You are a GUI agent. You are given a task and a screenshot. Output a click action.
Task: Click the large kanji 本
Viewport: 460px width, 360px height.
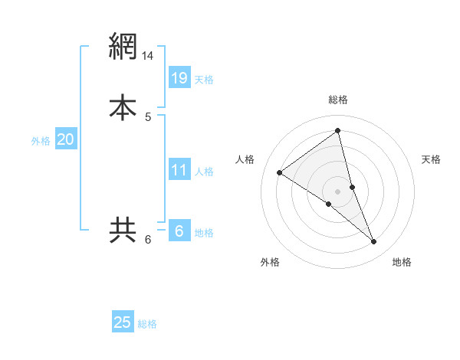pyautogui.click(x=123, y=106)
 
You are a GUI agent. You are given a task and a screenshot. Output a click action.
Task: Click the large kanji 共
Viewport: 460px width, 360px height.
pyautogui.click(x=123, y=230)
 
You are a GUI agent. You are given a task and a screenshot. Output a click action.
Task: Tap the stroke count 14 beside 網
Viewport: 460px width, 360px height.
pyautogui.click(x=148, y=56)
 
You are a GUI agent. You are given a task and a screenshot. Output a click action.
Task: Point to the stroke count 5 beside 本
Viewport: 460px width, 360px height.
pyautogui.click(x=148, y=116)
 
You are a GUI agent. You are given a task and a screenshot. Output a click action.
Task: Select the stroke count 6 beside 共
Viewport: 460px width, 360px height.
pyautogui.click(x=148, y=240)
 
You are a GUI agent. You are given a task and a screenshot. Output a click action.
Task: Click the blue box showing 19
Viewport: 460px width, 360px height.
pyautogui.click(x=179, y=77)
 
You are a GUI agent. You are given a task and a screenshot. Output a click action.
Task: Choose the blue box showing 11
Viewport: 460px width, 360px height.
pyautogui.click(x=179, y=169)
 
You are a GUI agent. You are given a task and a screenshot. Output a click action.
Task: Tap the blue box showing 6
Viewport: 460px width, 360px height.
pyautogui.click(x=179, y=230)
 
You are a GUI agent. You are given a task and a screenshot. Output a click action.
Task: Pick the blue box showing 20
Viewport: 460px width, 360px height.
pyautogui.click(x=65, y=139)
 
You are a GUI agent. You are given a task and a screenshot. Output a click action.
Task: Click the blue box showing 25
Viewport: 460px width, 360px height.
pyautogui.click(x=123, y=322)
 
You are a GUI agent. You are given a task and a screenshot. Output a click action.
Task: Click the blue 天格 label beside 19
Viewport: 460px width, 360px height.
pyautogui.click(x=204, y=80)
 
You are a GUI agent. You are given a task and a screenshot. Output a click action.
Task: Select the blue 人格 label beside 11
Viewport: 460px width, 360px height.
pyautogui.click(x=204, y=172)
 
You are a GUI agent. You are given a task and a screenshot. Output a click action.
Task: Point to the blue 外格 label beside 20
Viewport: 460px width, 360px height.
pyautogui.click(x=41, y=141)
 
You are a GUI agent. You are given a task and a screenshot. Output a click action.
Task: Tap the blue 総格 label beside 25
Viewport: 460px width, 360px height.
pyautogui.click(x=147, y=325)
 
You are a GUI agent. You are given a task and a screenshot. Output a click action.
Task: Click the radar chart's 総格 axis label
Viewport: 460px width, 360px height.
pyautogui.click(x=338, y=100)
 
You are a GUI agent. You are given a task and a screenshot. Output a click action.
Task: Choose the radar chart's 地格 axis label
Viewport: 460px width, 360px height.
pyautogui.click(x=402, y=262)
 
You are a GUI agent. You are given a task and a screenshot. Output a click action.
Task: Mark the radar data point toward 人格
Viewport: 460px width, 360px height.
pyautogui.click(x=279, y=172)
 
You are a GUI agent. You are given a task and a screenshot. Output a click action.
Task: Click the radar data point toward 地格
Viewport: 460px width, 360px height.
pyautogui.click(x=374, y=242)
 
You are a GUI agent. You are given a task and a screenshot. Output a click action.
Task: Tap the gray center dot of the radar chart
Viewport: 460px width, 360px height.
pyautogui.click(x=338, y=191)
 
